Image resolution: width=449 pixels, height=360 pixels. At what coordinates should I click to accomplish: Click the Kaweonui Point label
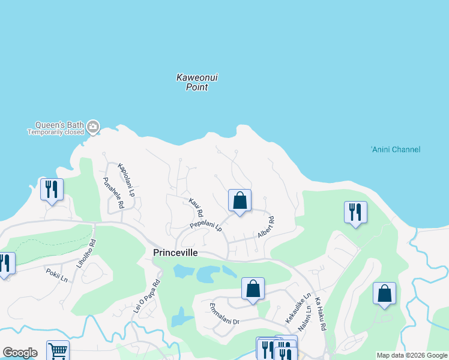point(192,82)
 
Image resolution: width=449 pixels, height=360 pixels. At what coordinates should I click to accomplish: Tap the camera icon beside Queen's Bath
point(92,127)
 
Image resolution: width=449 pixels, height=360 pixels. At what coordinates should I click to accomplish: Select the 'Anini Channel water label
point(395,149)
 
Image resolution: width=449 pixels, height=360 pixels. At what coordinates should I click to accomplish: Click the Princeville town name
point(175,253)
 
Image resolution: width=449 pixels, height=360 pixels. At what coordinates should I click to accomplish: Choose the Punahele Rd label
point(113,192)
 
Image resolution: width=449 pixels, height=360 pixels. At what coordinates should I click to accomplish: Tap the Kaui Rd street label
point(196,208)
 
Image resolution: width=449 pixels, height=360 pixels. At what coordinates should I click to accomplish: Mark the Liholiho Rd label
point(88,254)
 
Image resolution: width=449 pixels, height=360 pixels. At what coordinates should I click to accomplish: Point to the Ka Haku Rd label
point(320,314)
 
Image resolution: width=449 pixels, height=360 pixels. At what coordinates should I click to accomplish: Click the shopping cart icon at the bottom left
point(58,351)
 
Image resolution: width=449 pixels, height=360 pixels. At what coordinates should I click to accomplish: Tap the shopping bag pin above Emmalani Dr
point(253,289)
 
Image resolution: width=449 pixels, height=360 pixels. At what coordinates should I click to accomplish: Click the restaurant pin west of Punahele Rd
point(51,190)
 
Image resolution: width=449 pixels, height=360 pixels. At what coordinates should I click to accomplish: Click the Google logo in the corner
point(20,353)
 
